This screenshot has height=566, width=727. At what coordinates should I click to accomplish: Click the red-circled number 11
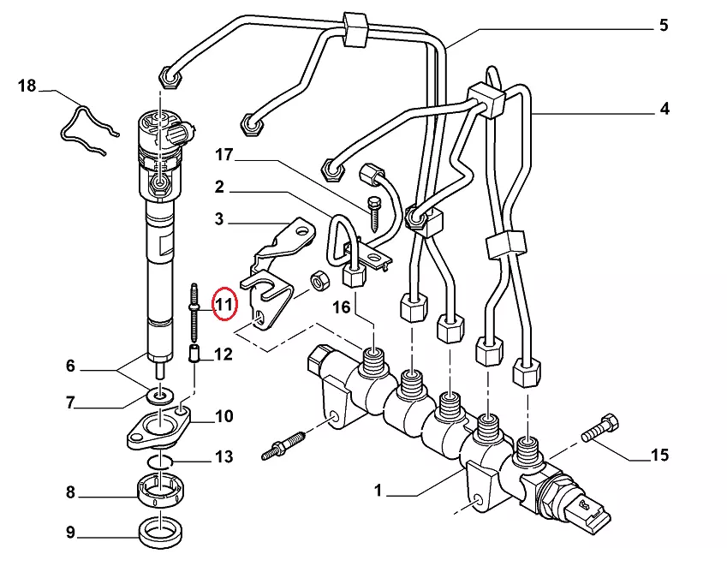coord(224,304)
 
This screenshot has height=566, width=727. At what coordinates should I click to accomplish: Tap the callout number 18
coord(27,86)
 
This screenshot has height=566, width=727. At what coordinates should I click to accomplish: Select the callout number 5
coord(664,25)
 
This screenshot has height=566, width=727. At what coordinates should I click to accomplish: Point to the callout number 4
coord(664,109)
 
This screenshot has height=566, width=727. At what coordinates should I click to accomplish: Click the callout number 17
coord(223,154)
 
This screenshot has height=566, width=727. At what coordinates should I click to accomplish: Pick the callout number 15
coord(659,455)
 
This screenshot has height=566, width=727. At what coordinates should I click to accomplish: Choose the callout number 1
coord(378,490)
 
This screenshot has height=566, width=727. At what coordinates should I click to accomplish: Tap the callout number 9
coord(70,532)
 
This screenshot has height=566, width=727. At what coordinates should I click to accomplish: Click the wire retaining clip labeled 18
coord(88,129)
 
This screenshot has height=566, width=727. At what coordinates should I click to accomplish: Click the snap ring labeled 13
coord(160,461)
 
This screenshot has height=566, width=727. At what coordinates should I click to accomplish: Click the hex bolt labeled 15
coord(600,428)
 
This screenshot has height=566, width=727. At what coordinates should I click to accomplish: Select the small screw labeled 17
coord(373,215)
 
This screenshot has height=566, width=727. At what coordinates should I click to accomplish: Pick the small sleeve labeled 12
coord(194,354)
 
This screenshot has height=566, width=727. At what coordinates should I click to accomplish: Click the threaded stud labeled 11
coord(194,313)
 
